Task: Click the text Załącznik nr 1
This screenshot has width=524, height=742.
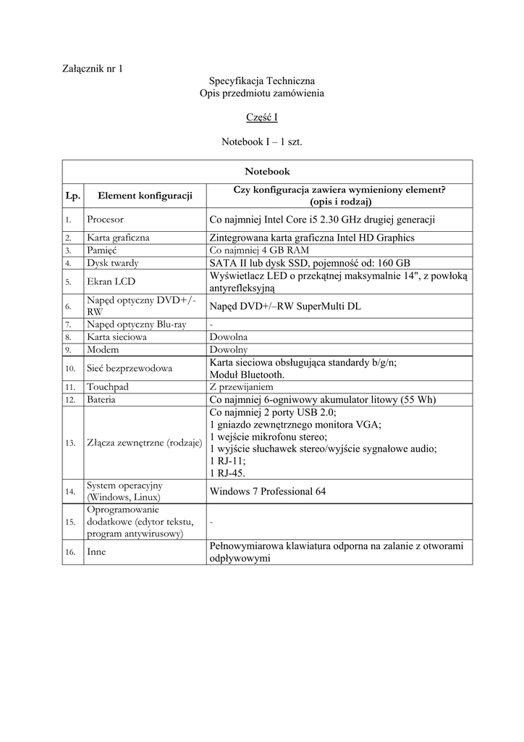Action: pyautogui.click(x=91, y=69)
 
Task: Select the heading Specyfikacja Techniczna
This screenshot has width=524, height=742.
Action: pyautogui.click(x=261, y=81)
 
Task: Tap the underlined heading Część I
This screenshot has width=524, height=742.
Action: pyautogui.click(x=261, y=116)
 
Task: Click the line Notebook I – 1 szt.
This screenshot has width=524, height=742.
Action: pyautogui.click(x=261, y=142)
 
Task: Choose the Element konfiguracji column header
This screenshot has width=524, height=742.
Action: pyautogui.click(x=145, y=196)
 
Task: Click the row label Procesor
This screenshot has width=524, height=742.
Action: pyautogui.click(x=105, y=219)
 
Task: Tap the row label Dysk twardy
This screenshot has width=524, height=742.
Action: pyautogui.click(x=112, y=263)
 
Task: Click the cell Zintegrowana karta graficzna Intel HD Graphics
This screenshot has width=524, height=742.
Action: pyautogui.click(x=311, y=238)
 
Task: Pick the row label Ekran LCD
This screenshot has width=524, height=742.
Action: pyautogui.click(x=110, y=282)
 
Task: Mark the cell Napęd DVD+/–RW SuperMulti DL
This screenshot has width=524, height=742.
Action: pyautogui.click(x=284, y=307)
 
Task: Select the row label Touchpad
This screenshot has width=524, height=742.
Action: pyautogui.click(x=107, y=387)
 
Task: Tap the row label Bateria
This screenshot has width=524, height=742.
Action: pyautogui.click(x=103, y=399)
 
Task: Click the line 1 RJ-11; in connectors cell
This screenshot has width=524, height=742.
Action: pyautogui.click(x=227, y=461)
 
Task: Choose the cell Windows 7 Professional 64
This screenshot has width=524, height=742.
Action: pyautogui.click(x=267, y=491)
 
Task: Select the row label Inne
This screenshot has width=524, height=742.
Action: pyautogui.click(x=97, y=552)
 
